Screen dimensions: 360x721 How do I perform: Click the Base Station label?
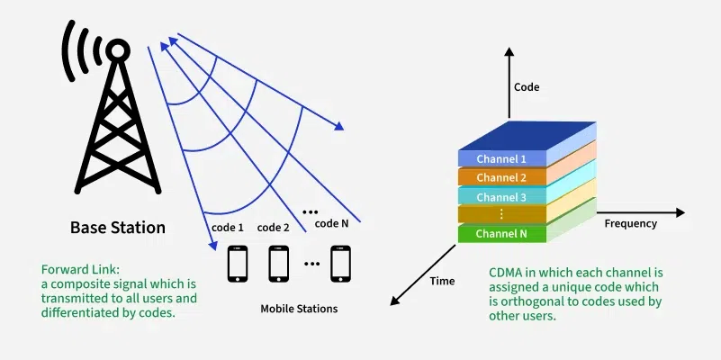118,228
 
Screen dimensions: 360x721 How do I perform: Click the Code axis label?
527,87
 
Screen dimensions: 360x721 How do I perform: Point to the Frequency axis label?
630,223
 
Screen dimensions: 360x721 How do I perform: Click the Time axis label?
442,281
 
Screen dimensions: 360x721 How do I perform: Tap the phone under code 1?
238,264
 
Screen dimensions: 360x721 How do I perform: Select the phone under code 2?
279,264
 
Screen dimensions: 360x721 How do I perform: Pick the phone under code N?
340,264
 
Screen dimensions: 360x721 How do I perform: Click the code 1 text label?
229,228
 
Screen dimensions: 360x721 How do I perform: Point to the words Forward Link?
74,269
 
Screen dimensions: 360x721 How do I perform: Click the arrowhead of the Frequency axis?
680,213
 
